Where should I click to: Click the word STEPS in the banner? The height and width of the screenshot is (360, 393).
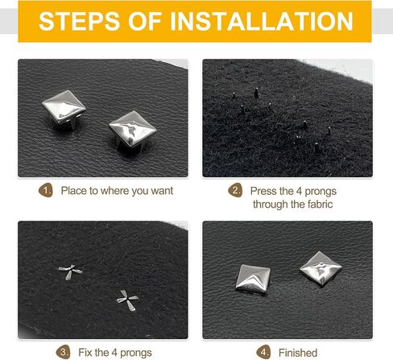click(x=79, y=21)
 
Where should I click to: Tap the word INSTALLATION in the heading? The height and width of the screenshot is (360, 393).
click(x=262, y=21)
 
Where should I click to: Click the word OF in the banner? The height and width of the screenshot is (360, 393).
click(x=145, y=21)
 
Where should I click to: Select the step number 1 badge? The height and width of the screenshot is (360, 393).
click(x=46, y=190)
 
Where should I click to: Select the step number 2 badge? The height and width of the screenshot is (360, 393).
click(x=235, y=190)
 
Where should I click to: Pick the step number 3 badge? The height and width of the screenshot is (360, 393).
click(x=64, y=352)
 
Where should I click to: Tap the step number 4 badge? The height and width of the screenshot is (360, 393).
click(x=263, y=352)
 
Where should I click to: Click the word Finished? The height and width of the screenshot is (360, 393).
click(x=298, y=353)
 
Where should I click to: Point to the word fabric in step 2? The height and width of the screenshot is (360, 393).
click(x=321, y=205)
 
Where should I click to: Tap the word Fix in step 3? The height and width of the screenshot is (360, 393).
click(x=85, y=353)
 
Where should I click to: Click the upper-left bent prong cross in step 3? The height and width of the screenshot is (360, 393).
click(x=70, y=271)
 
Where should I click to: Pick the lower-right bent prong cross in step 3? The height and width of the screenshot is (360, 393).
click(x=127, y=300)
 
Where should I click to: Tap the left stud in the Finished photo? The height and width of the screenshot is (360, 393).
click(x=252, y=279)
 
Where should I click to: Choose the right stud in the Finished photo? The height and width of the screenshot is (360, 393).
click(x=321, y=269)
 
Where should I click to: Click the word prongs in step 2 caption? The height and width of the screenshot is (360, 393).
click(x=321, y=192)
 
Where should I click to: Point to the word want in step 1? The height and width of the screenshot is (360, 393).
click(x=162, y=191)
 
